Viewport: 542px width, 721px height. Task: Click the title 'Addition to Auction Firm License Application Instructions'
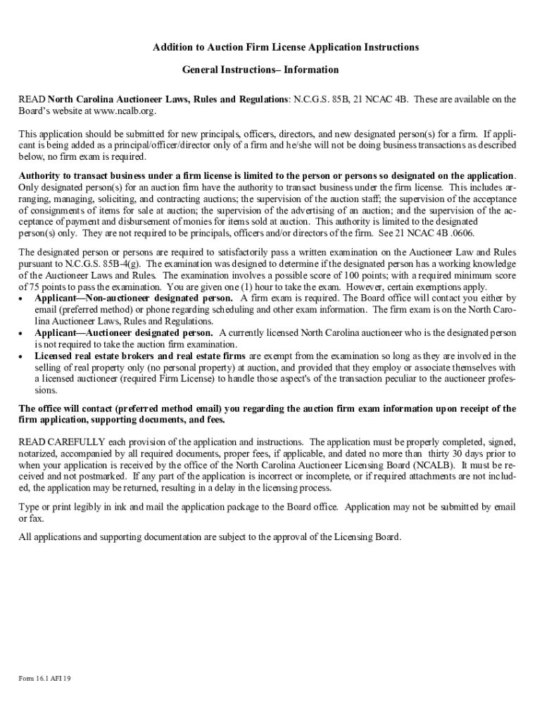pos(286,47)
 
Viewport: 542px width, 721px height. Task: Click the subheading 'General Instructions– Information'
pos(260,70)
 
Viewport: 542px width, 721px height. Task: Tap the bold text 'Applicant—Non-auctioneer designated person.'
pos(134,299)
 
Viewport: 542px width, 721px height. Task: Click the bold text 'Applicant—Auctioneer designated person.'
pos(124,332)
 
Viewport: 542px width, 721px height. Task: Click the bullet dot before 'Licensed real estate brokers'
pos(21,356)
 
